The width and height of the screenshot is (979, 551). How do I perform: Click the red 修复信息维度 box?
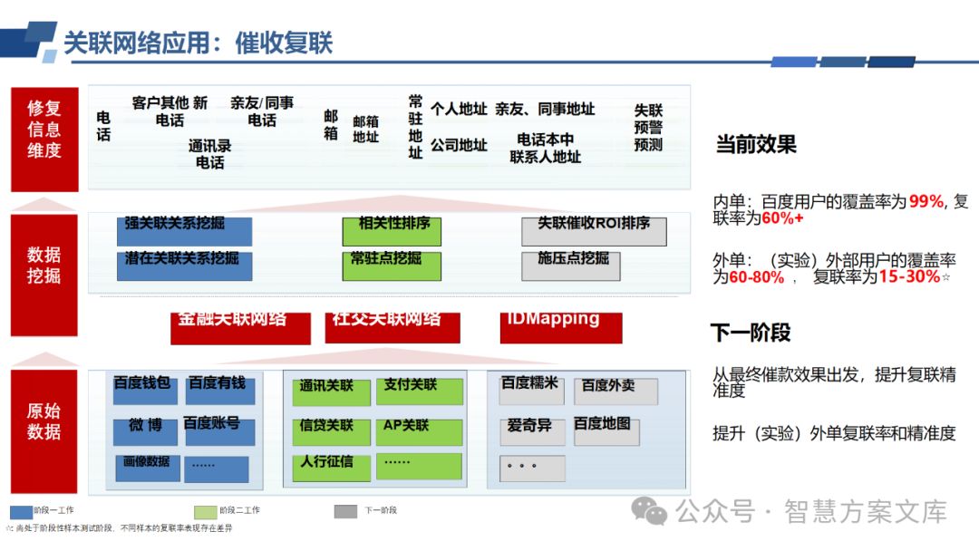click(44, 139)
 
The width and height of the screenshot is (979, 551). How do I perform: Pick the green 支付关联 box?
click(419, 391)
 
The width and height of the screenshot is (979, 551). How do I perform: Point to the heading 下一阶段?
click(751, 333)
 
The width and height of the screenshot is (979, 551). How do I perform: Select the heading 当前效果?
click(756, 144)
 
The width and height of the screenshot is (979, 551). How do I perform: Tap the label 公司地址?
click(459, 145)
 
